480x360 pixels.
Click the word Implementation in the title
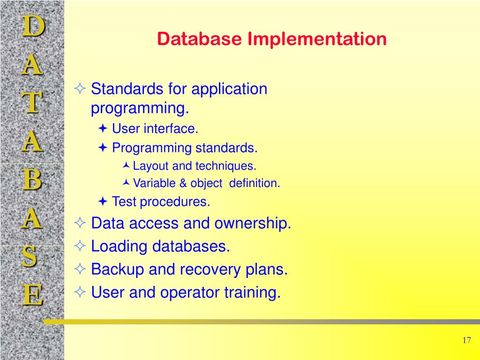pos(317,39)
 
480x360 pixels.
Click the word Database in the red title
pos(200,39)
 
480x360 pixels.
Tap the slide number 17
pos(466,340)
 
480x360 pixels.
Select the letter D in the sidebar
pos(32,27)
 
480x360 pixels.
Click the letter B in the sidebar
pos(32,180)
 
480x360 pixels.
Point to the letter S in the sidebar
pos(30,257)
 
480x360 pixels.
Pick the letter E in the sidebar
pos(32,296)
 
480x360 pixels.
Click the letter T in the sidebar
pos(32,104)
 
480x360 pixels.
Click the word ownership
pos(253,224)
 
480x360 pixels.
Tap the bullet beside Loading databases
pos(80,246)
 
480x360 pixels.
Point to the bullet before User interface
pos(103,129)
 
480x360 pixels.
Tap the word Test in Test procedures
pos(124,202)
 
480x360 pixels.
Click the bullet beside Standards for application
pos(80,89)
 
